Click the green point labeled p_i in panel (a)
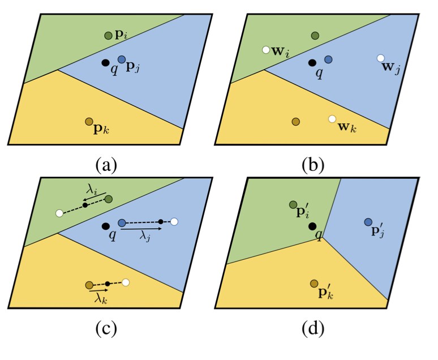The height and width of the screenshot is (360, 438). (x=109, y=36)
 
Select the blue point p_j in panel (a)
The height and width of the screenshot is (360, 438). (x=122, y=59)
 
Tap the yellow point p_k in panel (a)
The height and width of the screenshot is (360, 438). (x=89, y=122)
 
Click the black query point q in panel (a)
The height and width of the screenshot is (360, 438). (x=105, y=62)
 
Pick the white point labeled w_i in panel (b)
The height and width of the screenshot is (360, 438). (x=265, y=50)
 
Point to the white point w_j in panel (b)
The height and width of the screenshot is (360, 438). (x=380, y=58)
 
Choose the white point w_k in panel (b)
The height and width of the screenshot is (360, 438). (x=332, y=118)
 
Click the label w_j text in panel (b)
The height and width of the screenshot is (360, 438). (x=392, y=68)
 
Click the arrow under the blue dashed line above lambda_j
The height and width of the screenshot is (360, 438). (x=141, y=230)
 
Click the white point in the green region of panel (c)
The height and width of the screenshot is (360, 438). (x=59, y=213)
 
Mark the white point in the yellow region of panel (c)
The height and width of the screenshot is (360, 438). (x=126, y=282)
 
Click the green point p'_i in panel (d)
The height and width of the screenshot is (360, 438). (x=293, y=204)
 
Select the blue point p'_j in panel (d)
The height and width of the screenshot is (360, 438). (x=368, y=222)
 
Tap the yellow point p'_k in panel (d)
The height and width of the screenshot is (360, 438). (x=314, y=283)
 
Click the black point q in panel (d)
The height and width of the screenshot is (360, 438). (x=312, y=226)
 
